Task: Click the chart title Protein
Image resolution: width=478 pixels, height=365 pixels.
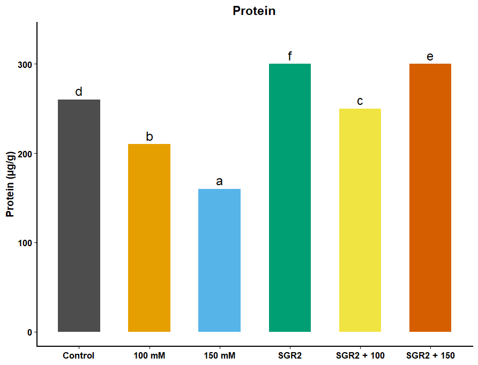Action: [x=254, y=11]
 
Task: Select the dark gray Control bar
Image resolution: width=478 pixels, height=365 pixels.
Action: [x=79, y=216]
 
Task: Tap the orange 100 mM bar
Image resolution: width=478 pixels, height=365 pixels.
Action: [x=149, y=238]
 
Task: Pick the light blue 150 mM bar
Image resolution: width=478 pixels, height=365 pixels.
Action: [x=220, y=260]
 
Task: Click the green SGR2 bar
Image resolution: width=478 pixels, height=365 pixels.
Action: [x=290, y=197]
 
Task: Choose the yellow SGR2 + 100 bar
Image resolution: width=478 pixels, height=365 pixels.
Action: [x=360, y=220]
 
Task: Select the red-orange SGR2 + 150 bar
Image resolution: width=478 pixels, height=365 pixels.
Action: [x=430, y=197]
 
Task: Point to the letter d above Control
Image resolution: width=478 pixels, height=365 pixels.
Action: [x=79, y=92]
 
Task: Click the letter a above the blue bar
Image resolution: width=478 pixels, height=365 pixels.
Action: [x=219, y=181]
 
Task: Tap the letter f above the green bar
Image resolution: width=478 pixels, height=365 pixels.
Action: [x=289, y=56]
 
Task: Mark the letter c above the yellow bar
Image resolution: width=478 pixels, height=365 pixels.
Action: [x=360, y=101]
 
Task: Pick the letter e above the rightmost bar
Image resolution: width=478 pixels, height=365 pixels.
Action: [x=430, y=57]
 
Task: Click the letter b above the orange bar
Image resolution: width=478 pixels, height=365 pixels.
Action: [x=150, y=136]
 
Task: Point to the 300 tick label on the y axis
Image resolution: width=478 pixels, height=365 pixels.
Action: [x=25, y=65]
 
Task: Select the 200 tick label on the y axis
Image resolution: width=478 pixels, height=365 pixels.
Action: [x=25, y=154]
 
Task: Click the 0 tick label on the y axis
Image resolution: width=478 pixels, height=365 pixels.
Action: [x=29, y=332]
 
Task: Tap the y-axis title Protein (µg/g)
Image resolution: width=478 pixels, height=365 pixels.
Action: [x=10, y=184]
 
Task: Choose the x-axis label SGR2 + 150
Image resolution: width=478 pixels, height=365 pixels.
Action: [x=430, y=355]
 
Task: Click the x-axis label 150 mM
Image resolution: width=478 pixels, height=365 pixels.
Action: [x=220, y=355]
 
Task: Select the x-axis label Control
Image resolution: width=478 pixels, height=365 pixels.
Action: [x=78, y=355]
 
